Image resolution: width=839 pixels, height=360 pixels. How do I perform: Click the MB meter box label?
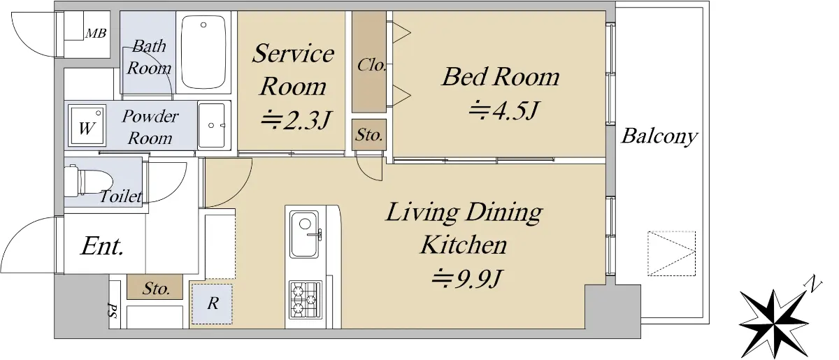point(96,34)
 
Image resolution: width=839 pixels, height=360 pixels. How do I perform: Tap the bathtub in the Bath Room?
point(203,52)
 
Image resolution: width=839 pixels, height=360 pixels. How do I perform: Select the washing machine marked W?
point(87,126)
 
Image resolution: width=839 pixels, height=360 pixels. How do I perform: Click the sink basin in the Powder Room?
point(212,125)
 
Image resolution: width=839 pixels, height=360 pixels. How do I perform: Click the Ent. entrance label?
point(102,247)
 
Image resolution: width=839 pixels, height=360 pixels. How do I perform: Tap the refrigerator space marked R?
point(212,304)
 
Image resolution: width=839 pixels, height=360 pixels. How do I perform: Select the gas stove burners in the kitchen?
point(306,300)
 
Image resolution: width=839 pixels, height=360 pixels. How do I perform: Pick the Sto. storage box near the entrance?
point(155,287)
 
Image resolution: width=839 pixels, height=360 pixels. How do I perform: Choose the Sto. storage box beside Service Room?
point(369,135)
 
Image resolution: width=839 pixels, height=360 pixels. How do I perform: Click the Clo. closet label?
point(371,65)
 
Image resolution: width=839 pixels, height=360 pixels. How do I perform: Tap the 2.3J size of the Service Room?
point(296,120)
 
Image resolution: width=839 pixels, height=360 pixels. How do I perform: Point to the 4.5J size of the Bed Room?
point(504,110)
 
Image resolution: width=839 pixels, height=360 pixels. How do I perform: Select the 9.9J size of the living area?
point(467,278)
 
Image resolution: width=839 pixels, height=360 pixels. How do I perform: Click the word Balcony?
point(659,136)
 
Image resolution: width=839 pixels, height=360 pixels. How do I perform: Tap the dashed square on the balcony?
point(672,254)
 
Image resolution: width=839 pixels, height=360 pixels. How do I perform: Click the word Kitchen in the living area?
point(464,245)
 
